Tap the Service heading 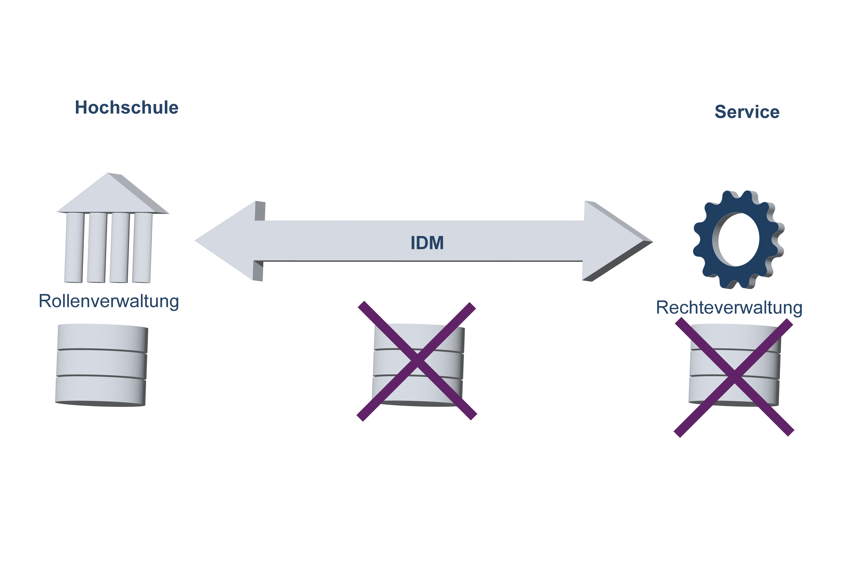[747, 112]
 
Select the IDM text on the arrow [427, 243]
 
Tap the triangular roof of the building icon [110, 196]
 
